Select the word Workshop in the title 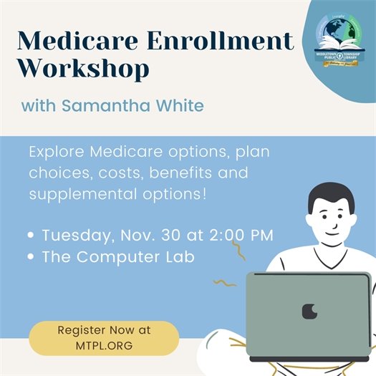tap(84, 69)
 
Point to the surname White tap(179, 105)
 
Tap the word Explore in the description tap(56, 153)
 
